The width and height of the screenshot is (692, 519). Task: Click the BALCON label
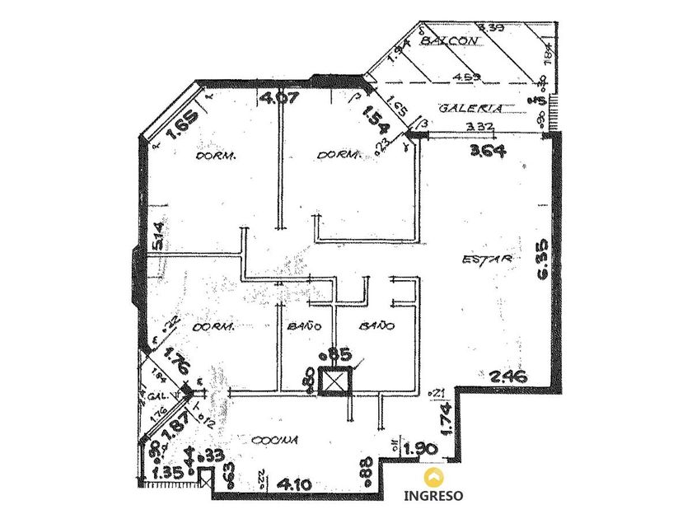tap(450, 40)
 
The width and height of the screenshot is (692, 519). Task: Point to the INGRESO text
tap(433, 496)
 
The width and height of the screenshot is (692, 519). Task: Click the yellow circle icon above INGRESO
tap(432, 476)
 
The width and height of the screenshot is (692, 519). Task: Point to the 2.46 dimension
tap(507, 377)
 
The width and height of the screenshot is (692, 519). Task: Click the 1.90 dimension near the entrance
tap(420, 448)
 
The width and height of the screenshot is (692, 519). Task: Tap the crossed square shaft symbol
tap(334, 383)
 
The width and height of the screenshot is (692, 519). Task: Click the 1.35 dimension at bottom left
tap(169, 473)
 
